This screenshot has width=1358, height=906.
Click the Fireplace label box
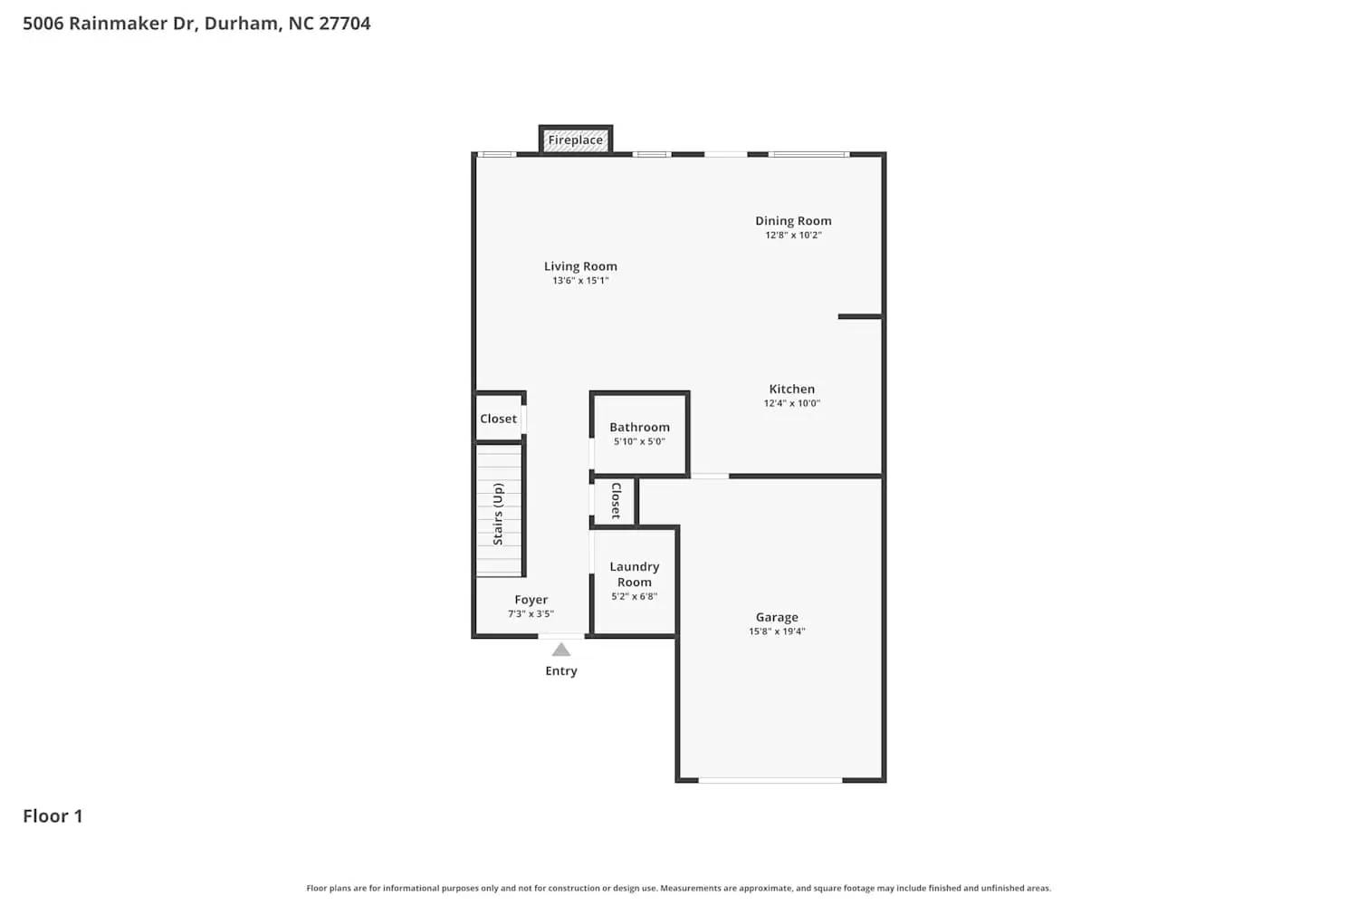[576, 140]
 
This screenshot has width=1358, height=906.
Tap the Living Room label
[580, 266]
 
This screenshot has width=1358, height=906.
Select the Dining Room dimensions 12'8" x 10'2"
[793, 236]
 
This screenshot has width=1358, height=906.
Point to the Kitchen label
[791, 389]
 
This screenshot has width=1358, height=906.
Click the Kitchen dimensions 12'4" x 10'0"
[791, 404]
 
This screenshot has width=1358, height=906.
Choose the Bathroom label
[639, 427]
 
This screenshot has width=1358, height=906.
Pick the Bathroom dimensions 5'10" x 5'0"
[639, 442]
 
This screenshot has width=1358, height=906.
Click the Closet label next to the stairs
[498, 419]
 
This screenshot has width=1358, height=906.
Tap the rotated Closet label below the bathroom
[616, 500]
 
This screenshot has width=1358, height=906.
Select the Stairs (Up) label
[498, 514]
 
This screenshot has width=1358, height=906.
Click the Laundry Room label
[634, 574]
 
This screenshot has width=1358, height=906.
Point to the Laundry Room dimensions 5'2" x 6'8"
[634, 597]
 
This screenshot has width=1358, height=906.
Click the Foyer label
[531, 600]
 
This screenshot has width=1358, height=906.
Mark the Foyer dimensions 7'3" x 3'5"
[531, 614]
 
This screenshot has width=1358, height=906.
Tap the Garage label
[777, 617]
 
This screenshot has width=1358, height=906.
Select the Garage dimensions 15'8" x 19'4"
[777, 631]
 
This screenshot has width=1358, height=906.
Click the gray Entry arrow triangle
[561, 650]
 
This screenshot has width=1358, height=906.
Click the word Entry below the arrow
[561, 671]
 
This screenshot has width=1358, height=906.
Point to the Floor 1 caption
[53, 816]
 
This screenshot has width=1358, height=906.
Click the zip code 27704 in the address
[344, 24]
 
